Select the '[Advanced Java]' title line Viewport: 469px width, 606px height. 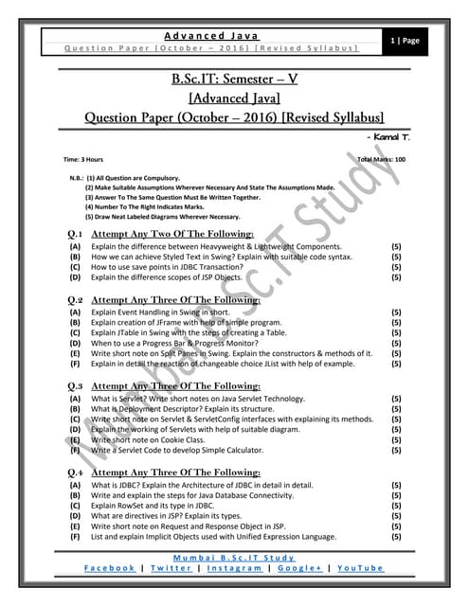point(234,98)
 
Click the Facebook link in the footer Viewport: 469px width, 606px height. point(109,567)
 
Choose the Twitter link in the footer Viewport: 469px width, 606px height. point(171,567)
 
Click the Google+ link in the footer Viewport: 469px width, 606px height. point(299,567)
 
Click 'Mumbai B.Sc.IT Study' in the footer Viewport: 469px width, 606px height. point(234,556)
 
